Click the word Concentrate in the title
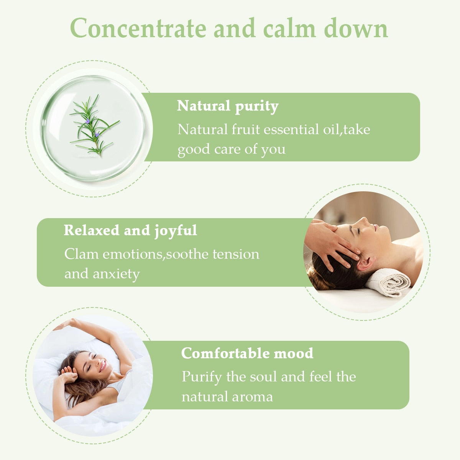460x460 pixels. (x=138, y=28)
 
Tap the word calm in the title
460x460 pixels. (x=290, y=28)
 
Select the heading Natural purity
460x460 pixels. (x=228, y=106)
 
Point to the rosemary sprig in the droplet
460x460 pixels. (x=94, y=126)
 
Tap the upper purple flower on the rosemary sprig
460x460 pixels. (x=88, y=121)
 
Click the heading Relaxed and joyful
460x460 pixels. (x=130, y=231)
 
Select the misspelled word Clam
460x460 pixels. (x=81, y=254)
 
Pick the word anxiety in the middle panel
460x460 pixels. (x=116, y=274)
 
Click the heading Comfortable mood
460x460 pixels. (x=247, y=353)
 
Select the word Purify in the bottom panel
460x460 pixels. (x=202, y=377)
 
